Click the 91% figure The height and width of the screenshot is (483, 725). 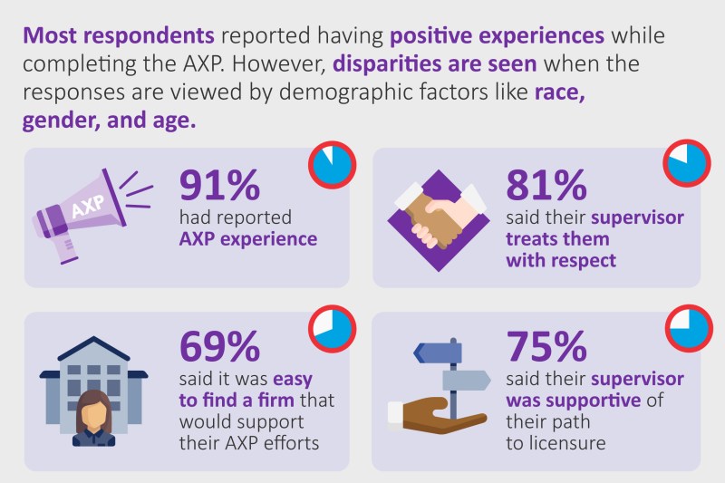pos(219,185)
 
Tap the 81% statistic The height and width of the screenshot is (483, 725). pos(546,185)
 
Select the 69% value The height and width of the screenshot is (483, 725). pos(219,346)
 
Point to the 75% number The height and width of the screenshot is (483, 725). pos(546,346)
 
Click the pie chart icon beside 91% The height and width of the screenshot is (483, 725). pos(332,165)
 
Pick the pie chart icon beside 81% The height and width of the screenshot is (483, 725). pos(687,163)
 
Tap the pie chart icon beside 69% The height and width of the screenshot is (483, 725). pos(332,329)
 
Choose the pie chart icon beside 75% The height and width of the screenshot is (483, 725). pos(689,328)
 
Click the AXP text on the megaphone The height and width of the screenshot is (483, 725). pos(88,206)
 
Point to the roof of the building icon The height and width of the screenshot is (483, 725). pos(94,349)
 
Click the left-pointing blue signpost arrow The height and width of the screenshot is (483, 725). pos(438,353)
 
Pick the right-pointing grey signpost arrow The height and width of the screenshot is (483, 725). pos(467,381)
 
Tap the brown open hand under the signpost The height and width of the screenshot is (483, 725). pos(437,416)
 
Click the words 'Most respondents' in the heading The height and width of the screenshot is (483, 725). pos(119,35)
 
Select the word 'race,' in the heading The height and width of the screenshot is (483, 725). pos(560,92)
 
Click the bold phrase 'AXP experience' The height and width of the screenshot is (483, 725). pos(248,239)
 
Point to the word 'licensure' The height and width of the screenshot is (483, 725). pos(567,443)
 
